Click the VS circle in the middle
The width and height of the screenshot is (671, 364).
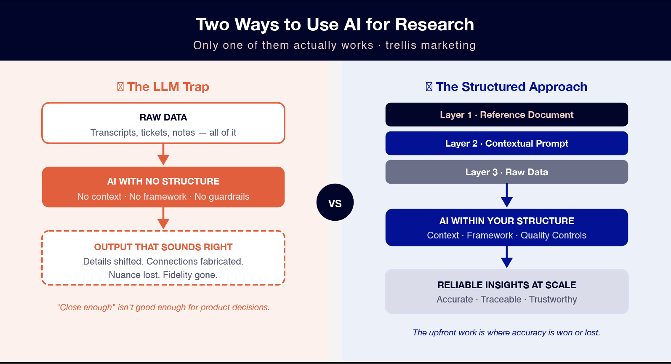(x=335, y=203)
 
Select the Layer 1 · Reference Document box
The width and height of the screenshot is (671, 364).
(x=506, y=115)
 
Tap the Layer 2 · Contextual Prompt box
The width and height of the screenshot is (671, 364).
(x=506, y=143)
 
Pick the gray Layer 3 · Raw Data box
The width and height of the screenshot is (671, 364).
(x=506, y=172)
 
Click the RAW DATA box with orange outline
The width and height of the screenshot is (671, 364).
(x=163, y=123)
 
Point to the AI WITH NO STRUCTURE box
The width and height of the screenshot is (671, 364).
(x=163, y=187)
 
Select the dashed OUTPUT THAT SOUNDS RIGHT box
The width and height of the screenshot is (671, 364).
(x=163, y=258)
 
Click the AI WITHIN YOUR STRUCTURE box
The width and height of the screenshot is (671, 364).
(x=506, y=227)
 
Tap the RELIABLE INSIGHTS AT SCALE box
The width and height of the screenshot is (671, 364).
(x=506, y=292)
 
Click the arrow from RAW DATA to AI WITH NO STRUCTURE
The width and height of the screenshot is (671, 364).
(x=163, y=155)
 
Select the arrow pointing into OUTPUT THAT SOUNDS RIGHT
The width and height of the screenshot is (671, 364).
(x=163, y=219)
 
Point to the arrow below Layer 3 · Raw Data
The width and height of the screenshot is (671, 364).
(x=507, y=196)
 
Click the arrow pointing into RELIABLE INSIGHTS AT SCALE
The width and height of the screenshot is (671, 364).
(x=507, y=257)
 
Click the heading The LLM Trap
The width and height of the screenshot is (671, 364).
(x=168, y=87)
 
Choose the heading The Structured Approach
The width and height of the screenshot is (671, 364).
(x=511, y=87)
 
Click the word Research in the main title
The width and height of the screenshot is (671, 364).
(x=434, y=24)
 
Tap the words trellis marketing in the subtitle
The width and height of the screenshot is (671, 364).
(x=430, y=45)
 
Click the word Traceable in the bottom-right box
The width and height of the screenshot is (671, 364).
(x=501, y=299)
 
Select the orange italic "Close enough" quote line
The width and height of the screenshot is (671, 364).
(x=163, y=307)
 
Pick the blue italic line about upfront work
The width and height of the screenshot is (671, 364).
(x=506, y=332)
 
